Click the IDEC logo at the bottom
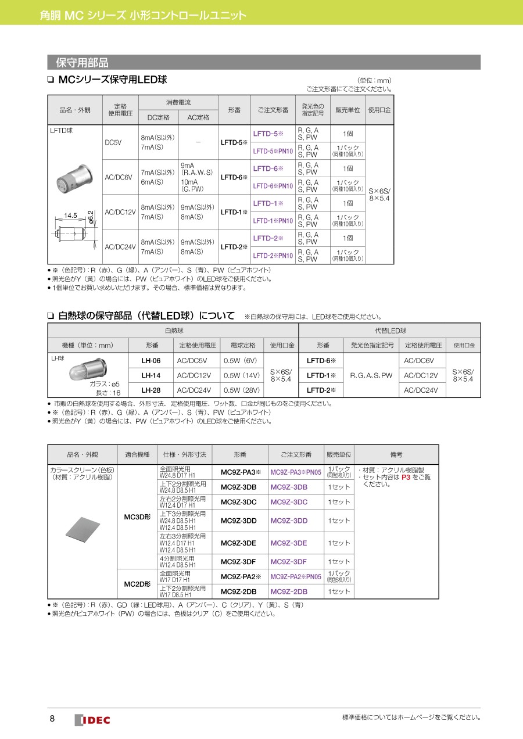click(92, 720)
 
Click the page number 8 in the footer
click(52, 719)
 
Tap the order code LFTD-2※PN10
click(273, 255)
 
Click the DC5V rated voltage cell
click(113, 142)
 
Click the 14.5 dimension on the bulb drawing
click(71, 216)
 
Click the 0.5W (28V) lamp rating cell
click(241, 390)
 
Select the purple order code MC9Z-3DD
click(289, 521)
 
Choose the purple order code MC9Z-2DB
click(289, 591)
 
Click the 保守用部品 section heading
click(82, 63)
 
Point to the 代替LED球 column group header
click(389, 330)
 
